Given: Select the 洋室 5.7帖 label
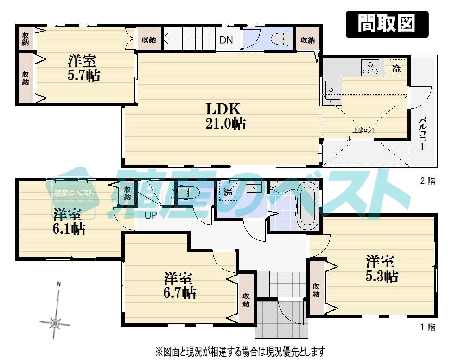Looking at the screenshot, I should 83,68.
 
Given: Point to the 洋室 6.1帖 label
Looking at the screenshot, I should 68,222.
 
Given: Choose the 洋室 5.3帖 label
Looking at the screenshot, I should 381,268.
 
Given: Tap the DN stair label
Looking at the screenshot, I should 226,40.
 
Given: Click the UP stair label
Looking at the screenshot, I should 151,215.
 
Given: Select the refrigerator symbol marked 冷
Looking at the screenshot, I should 396,69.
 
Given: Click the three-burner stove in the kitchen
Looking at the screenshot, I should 370,68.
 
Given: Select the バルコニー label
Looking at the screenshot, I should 422,134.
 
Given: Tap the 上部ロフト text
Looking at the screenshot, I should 364,130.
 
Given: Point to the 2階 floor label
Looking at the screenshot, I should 427,181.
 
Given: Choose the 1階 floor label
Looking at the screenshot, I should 427,328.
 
